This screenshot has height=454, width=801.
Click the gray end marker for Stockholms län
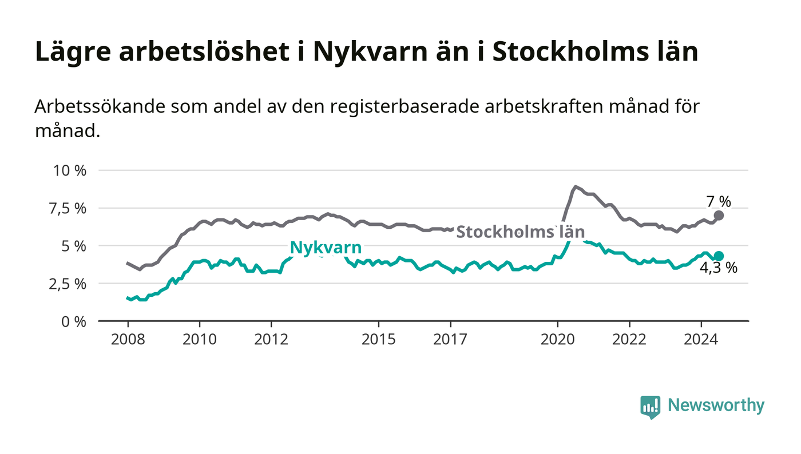click(719, 216)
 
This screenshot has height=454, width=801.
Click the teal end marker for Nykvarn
click(719, 256)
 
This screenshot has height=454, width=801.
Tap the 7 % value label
click(719, 201)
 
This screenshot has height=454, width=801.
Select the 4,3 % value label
click(719, 268)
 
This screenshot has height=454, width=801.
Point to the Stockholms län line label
click(520, 232)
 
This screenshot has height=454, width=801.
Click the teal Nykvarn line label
click(326, 247)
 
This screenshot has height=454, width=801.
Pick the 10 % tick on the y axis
click(70, 170)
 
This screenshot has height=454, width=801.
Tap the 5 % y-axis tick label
click(74, 246)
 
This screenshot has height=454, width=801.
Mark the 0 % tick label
click(74, 321)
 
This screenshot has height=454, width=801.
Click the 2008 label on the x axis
click(128, 339)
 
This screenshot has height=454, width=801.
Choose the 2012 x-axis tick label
click(271, 339)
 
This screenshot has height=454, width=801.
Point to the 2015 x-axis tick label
click(378, 339)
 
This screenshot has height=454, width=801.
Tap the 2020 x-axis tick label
click(557, 339)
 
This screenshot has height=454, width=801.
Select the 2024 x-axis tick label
click(701, 339)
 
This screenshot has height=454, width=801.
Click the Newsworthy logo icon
click(650, 407)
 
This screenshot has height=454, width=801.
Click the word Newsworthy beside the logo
click(716, 405)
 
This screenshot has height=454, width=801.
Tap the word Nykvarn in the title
click(392, 52)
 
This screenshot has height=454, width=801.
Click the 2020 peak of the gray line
click(575, 186)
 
